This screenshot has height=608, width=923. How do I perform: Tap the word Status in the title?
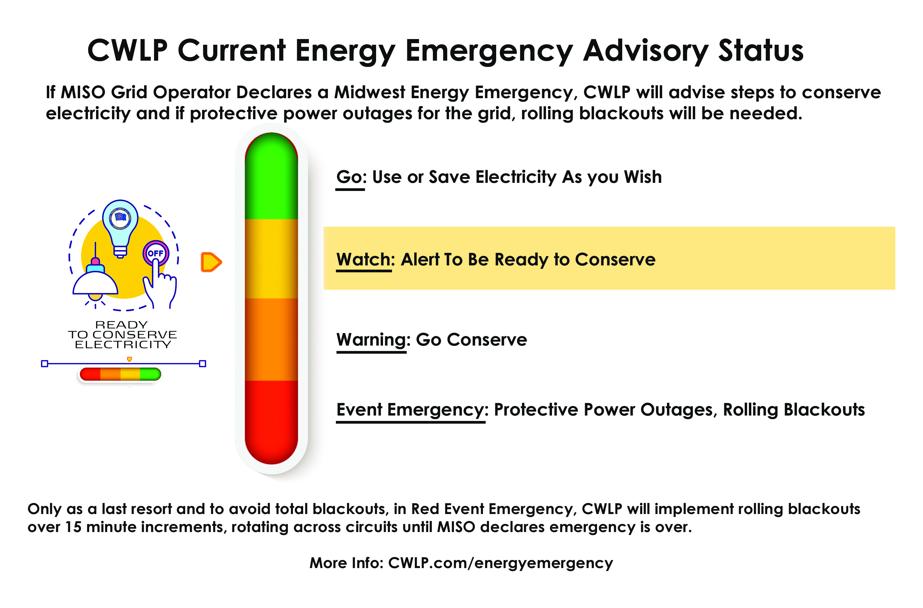point(761,51)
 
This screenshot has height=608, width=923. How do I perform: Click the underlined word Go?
point(349,177)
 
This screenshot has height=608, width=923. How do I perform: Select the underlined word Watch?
point(363,259)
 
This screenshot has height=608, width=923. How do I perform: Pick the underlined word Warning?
point(371,340)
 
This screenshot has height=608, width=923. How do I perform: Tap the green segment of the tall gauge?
point(271,178)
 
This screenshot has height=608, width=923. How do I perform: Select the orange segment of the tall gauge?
point(271,340)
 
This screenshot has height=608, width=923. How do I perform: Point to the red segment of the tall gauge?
point(271,419)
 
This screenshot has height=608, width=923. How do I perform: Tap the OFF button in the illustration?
point(155,253)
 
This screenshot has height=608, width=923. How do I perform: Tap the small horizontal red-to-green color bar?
point(120,374)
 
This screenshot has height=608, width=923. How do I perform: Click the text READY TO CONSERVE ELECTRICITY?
point(122,334)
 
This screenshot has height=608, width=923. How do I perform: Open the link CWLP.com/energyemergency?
point(500,563)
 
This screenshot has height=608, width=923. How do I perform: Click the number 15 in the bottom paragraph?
point(73,527)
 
